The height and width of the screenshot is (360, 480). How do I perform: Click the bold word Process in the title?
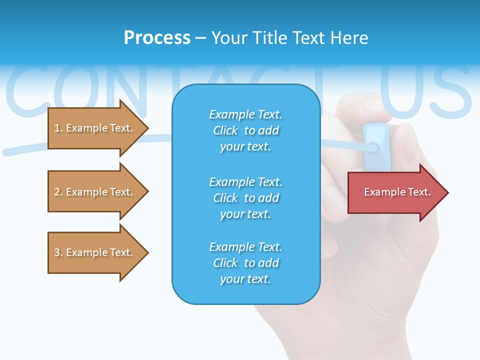[x=157, y=38]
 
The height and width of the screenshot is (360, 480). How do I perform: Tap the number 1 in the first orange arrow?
[x=56, y=128]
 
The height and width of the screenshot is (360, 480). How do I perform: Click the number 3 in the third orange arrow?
[x=56, y=252]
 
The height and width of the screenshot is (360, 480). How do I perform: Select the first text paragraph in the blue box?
[x=245, y=130]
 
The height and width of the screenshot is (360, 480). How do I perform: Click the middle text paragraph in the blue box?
[x=245, y=198]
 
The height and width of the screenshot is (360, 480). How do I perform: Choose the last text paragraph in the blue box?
[x=245, y=263]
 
